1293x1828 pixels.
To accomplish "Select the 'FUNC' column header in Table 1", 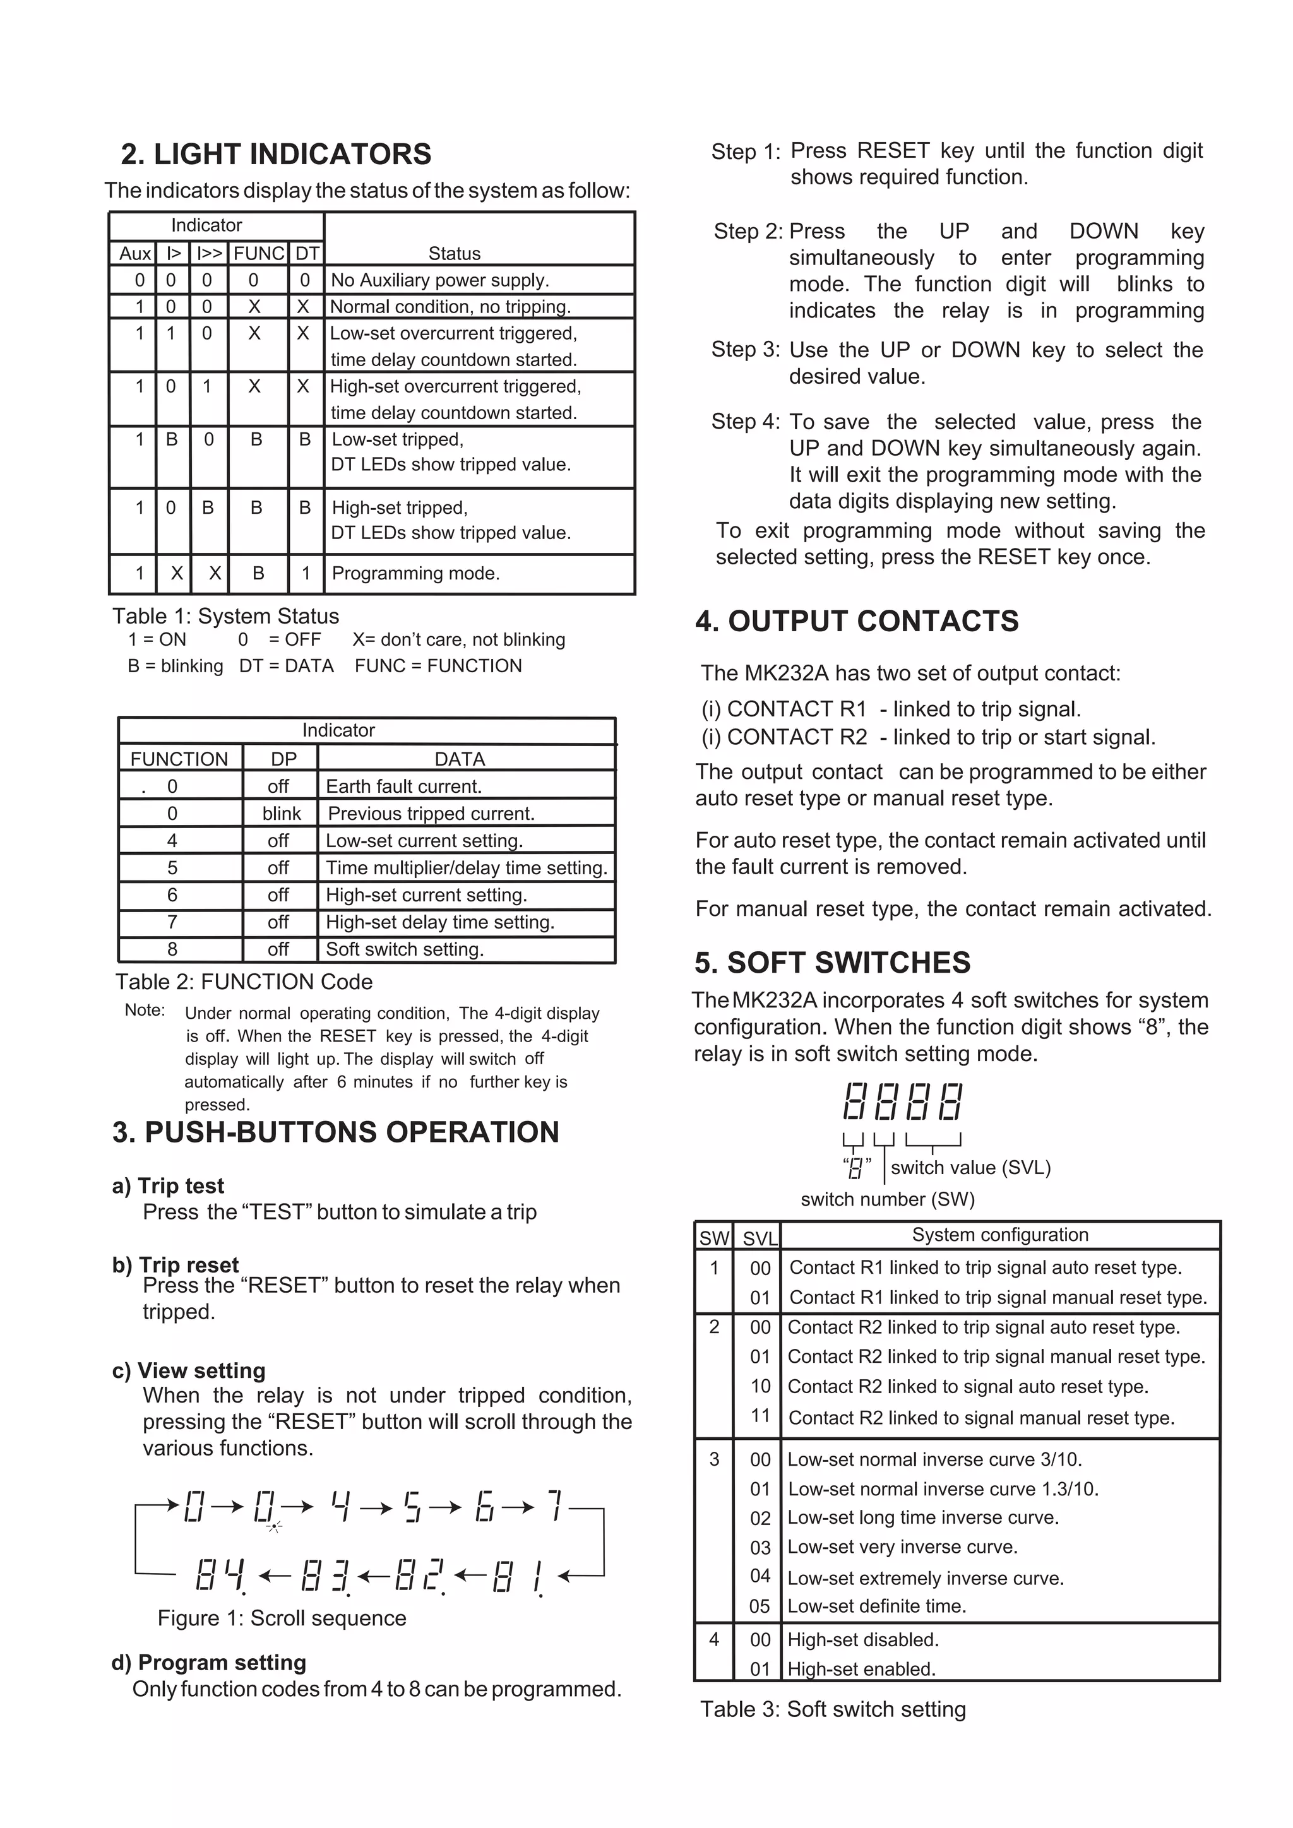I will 258,253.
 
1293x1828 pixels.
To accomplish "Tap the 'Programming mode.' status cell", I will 415,573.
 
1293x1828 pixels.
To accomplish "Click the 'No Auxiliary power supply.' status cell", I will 439,280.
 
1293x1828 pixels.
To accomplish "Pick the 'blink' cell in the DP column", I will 281,814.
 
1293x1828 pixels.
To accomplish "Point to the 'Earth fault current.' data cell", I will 403,786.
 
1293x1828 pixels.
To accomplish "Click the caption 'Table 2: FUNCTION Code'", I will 244,982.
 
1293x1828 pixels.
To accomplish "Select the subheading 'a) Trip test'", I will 168,1185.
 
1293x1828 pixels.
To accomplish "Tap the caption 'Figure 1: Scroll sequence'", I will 282,1618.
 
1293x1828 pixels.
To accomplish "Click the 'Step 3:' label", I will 745,350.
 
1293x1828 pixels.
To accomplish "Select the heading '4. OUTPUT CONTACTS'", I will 857,621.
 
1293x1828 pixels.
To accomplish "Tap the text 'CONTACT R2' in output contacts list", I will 797,737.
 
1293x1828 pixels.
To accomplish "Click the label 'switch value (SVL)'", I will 970,1167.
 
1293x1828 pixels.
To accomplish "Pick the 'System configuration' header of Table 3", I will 1000,1234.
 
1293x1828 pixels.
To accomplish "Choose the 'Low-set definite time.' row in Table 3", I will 876,1606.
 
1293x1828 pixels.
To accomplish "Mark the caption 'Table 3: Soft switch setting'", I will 833,1709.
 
